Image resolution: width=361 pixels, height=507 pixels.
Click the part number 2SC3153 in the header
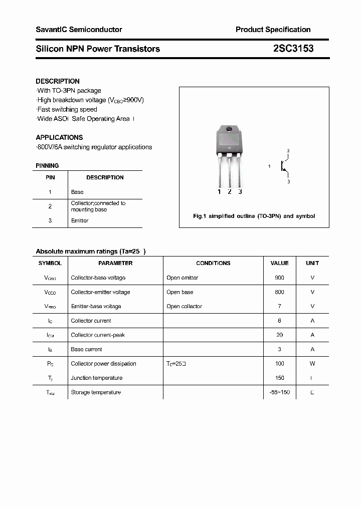point(293,49)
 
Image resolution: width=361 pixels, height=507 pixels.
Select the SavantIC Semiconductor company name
point(79,30)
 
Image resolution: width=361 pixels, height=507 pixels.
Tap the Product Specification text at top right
point(273,30)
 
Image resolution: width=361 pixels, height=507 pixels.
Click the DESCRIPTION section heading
point(58,81)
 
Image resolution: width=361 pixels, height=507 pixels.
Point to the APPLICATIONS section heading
point(59,137)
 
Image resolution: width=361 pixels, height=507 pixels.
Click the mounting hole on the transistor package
point(229,130)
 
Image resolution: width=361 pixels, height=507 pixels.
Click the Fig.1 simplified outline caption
point(254,216)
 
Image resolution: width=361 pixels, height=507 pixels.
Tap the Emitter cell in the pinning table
point(80,220)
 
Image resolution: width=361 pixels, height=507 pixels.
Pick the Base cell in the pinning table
point(77,192)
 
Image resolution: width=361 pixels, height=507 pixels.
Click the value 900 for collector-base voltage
point(279,278)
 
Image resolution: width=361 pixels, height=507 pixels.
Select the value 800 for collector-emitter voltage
point(279,292)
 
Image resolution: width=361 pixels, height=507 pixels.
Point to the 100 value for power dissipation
point(279,364)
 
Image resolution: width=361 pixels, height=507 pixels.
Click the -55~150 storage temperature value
point(279,392)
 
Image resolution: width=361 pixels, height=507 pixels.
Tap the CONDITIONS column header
point(213,263)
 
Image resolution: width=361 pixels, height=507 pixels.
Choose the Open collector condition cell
point(184,306)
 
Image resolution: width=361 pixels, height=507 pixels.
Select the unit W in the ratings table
point(312,364)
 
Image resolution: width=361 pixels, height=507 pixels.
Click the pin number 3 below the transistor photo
point(240,191)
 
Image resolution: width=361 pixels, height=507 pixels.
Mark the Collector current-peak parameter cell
point(98,335)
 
